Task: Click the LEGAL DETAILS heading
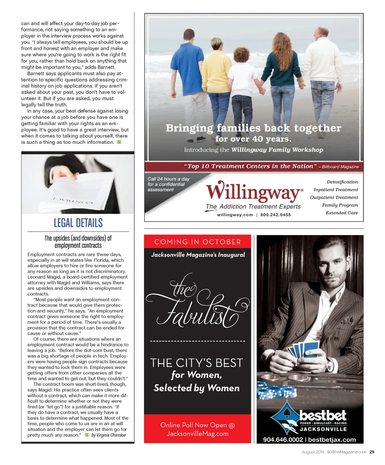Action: (78, 223)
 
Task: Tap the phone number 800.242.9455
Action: (276, 215)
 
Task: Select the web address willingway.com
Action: (235, 215)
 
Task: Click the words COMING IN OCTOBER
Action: (198, 242)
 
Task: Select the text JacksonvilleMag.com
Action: (198, 434)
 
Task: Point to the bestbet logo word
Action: (323, 415)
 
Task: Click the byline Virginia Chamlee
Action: (108, 435)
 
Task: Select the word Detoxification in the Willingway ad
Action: (342, 182)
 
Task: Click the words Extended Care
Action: (342, 213)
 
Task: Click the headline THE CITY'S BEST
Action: (197, 363)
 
